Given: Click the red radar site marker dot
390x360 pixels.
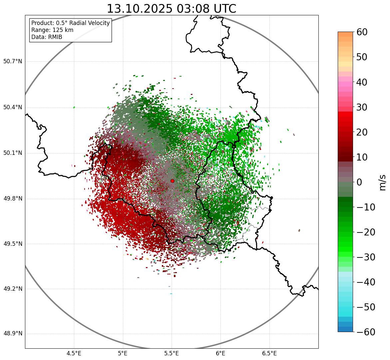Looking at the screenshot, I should point(172,181).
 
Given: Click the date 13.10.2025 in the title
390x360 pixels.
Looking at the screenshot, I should point(140,9).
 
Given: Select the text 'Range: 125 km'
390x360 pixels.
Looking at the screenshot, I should point(52,30).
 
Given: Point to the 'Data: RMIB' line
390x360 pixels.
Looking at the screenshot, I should point(47,37).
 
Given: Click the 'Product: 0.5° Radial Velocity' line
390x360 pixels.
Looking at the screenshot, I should point(70,23).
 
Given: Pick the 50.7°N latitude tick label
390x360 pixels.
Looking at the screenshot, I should point(12,61).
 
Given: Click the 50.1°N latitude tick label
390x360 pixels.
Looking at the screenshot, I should point(12,153).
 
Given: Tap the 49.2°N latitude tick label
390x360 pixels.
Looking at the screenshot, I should point(12,289).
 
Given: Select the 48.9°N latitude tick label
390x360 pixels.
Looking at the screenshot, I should point(12,334).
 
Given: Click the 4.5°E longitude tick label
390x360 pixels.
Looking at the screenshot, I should point(74,353).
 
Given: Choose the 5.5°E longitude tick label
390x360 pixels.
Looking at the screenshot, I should point(172,353).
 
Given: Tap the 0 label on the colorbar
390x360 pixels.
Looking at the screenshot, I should point(359,182).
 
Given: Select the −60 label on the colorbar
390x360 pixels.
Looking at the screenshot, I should point(366,332).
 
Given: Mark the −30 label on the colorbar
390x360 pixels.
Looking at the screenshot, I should point(366,257).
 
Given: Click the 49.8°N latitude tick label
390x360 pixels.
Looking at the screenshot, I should point(12,199).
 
